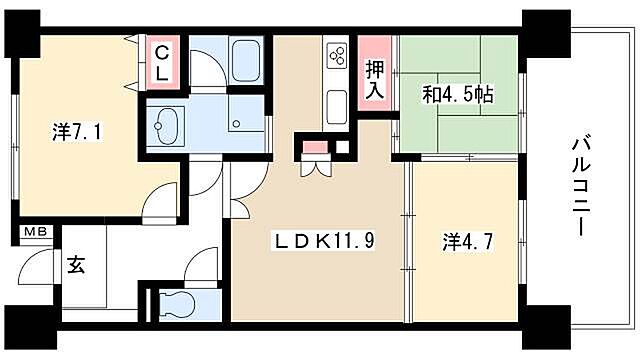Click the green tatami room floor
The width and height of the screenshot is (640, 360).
click(460, 130)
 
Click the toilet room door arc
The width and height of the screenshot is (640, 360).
click(203, 267)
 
